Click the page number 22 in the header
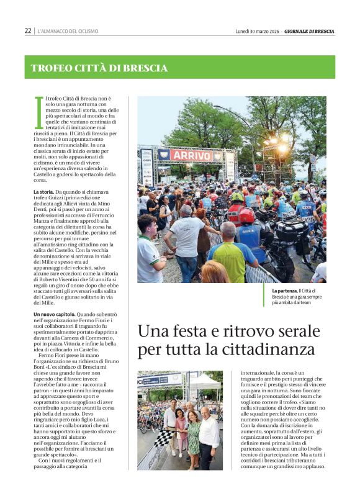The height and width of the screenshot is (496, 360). pyautogui.click(x=28, y=30)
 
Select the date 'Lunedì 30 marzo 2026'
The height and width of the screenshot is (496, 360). pyautogui.click(x=257, y=30)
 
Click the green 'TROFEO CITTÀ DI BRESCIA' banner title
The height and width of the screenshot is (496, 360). pyautogui.click(x=99, y=68)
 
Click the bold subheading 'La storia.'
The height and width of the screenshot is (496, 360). pyautogui.click(x=45, y=193)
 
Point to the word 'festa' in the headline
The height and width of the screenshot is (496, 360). pyautogui.click(x=192, y=331)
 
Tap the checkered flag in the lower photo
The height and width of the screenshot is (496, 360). pyautogui.click(x=163, y=437)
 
